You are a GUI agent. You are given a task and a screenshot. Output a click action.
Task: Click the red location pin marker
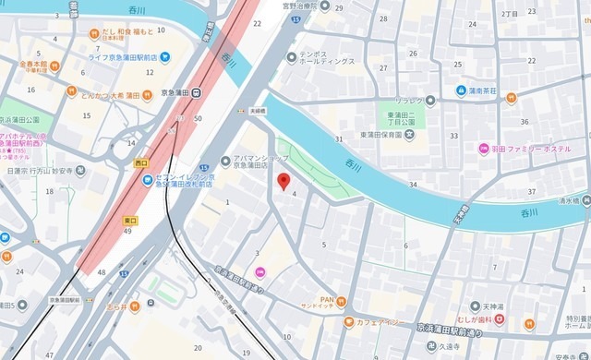pos(284,181)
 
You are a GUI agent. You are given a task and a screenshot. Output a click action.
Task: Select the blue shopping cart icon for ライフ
pos(164,56)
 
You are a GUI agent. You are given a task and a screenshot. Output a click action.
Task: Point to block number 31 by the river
pos(339,138)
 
